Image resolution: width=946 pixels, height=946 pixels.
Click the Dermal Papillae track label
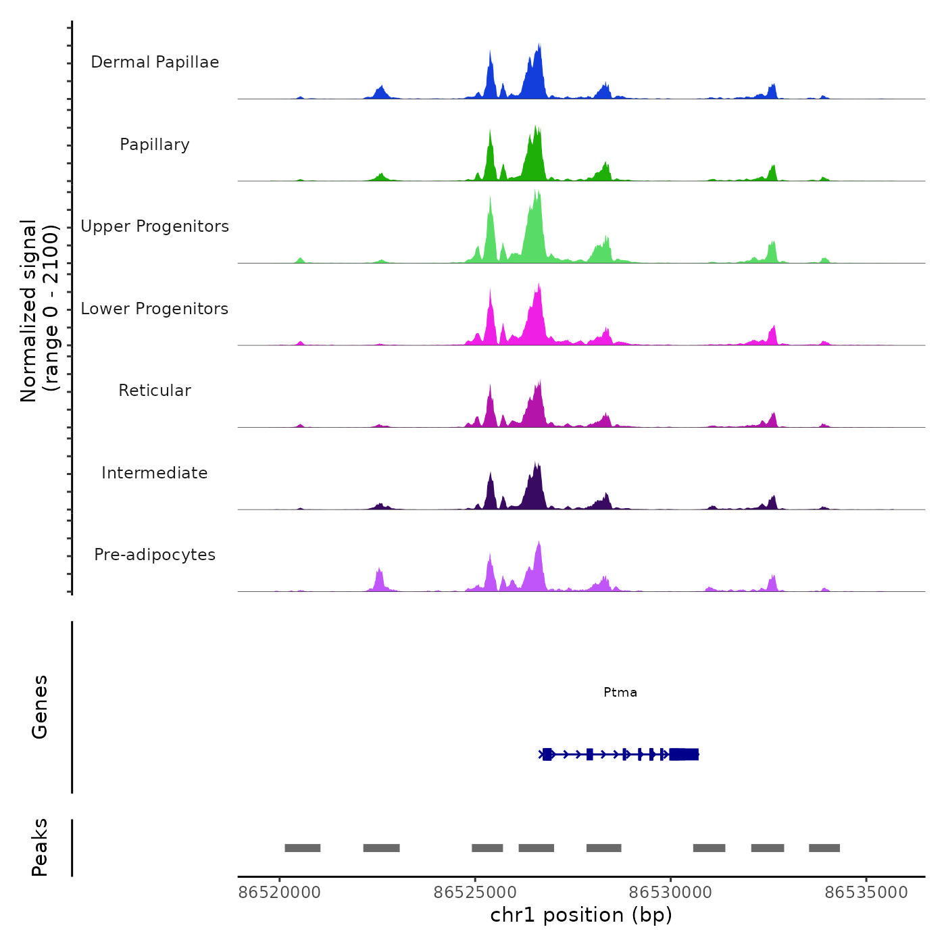click(155, 62)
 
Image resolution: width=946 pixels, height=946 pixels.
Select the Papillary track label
click(155, 145)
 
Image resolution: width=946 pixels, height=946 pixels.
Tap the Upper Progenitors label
click(155, 226)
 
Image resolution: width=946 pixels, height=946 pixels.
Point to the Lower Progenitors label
click(155, 309)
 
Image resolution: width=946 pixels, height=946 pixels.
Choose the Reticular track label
click(155, 391)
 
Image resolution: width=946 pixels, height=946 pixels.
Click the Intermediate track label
click(155, 473)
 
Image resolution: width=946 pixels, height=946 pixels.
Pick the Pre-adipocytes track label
click(155, 555)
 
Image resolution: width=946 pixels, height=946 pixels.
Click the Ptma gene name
click(620, 692)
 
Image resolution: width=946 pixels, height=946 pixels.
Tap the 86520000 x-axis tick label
click(280, 893)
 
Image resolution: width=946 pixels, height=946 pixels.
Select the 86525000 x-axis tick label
click(475, 893)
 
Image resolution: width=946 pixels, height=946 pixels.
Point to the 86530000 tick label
click(670, 893)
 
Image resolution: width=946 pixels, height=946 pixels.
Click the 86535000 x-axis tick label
click(866, 893)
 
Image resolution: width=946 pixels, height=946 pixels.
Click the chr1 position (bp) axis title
click(581, 915)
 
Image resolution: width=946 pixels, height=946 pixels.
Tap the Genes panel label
click(40, 707)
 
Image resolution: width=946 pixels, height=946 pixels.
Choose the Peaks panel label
click(40, 847)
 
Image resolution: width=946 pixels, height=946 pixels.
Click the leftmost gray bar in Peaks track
click(303, 848)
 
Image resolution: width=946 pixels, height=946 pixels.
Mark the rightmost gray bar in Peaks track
click(824, 848)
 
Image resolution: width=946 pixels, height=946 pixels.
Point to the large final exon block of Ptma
click(684, 754)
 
